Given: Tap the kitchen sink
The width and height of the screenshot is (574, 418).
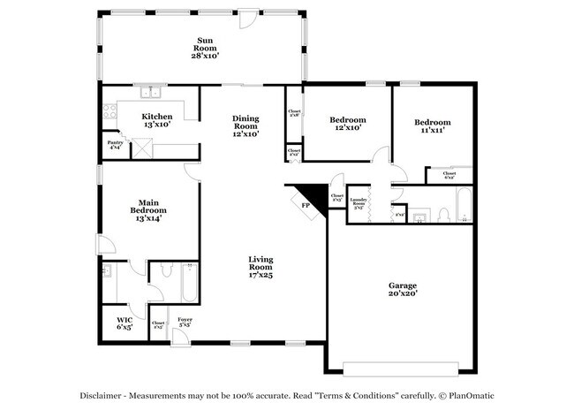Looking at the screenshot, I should coord(150,91).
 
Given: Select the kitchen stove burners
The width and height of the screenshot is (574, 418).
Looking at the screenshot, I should coord(110,111).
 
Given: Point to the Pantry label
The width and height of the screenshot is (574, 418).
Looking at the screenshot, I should coord(115,145).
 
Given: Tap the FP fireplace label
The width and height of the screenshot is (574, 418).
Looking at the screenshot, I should coord(306,205).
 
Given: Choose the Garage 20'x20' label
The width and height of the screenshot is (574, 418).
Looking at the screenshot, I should coord(403,290).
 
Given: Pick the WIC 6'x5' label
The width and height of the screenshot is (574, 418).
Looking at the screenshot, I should coord(125,323).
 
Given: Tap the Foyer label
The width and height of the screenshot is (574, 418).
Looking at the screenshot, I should coord(185,322).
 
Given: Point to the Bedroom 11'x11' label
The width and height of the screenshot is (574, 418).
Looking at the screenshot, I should coord(432,125).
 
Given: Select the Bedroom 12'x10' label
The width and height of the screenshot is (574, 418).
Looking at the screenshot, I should coord(347,124).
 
